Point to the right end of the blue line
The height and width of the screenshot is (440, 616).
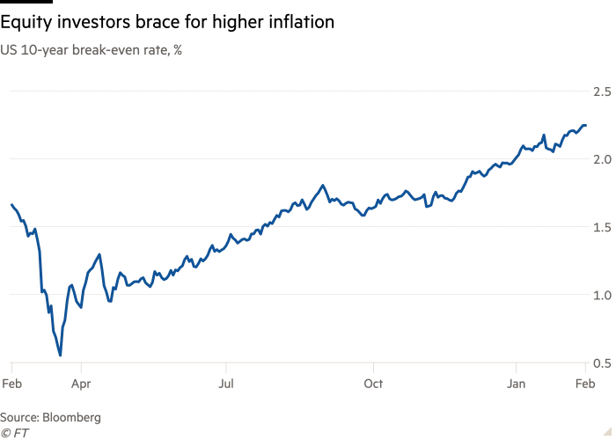(588, 122)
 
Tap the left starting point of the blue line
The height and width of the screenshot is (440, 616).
(10, 200)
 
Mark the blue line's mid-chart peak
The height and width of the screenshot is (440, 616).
(323, 186)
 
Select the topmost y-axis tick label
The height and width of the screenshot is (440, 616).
(602, 91)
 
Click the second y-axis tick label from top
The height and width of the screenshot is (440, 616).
(602, 159)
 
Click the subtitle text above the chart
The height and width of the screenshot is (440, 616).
(92, 49)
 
